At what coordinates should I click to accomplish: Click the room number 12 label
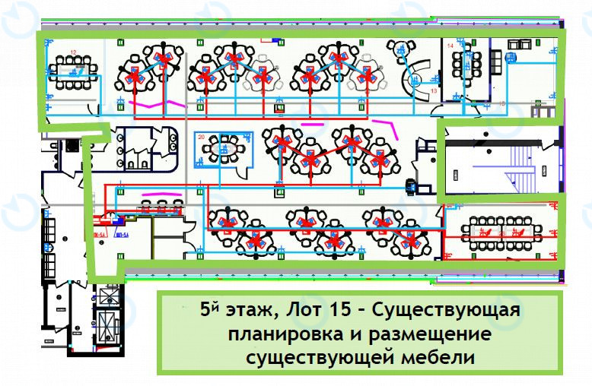click(x=74, y=52)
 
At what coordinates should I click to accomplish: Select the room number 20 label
click(x=202, y=138)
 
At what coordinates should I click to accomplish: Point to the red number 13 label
click(x=434, y=91)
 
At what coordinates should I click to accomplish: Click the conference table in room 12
click(x=75, y=69)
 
